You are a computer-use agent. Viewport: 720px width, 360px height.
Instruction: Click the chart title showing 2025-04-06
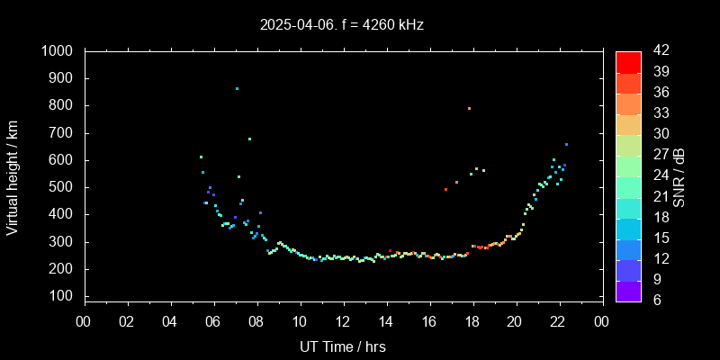tap(342, 24)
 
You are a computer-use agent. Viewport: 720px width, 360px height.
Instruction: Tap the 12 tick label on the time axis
tap(343, 322)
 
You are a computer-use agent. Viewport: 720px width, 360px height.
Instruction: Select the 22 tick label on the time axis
tap(558, 322)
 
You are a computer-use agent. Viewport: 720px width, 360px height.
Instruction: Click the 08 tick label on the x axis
tap(256, 322)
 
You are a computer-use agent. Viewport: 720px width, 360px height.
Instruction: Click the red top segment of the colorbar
tap(628, 61)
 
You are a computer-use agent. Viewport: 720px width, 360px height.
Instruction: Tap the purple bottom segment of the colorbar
tap(628, 290)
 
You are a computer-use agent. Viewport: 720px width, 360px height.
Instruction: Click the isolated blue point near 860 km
tap(237, 88)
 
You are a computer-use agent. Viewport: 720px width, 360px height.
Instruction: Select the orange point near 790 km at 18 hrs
tap(469, 108)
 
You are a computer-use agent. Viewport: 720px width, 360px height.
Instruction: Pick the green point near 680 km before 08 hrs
tap(249, 139)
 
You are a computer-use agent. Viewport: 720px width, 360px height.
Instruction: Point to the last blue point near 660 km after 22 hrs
tap(566, 144)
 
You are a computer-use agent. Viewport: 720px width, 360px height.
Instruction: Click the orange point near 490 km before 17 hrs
tap(445, 189)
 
